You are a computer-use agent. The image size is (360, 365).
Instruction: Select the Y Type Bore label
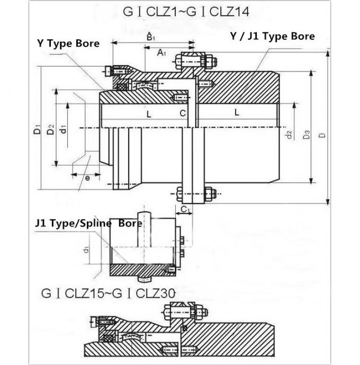click(68, 43)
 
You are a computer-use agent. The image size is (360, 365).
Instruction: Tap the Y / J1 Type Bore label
click(272, 36)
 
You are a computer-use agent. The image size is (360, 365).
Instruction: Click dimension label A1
click(162, 52)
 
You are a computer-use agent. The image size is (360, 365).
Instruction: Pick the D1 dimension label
click(36, 128)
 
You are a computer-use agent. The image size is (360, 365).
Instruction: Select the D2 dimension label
click(50, 128)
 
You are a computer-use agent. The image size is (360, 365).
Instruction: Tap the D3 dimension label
click(307, 135)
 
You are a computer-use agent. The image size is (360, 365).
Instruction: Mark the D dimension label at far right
click(322, 136)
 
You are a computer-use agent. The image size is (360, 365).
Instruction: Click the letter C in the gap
click(183, 113)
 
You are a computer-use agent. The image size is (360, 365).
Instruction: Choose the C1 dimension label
click(185, 210)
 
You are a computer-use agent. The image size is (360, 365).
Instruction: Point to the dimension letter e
click(87, 178)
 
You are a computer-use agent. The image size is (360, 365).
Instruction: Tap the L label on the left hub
click(149, 113)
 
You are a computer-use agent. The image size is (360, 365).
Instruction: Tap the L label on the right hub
click(236, 112)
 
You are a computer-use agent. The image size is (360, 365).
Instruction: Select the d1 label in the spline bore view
click(85, 249)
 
